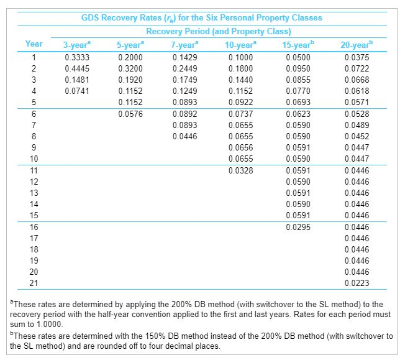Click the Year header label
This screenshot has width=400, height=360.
coord(34,44)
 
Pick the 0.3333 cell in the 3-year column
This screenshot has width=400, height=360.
coord(76,57)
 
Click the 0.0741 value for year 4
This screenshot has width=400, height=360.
coord(76,91)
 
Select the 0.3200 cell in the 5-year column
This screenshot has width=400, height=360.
coord(130,68)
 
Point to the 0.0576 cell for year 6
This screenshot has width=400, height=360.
coord(130,113)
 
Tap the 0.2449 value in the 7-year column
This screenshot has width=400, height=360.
coord(184,68)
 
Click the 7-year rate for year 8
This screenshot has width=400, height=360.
coord(184,136)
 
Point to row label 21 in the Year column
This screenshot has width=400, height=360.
coord(34,284)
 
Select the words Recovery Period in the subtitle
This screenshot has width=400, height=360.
coord(176,31)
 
